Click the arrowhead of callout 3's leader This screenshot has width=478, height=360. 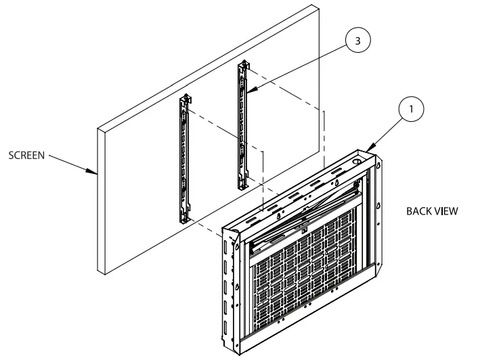(x=248, y=92)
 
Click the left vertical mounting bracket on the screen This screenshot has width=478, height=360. (x=183, y=159)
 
